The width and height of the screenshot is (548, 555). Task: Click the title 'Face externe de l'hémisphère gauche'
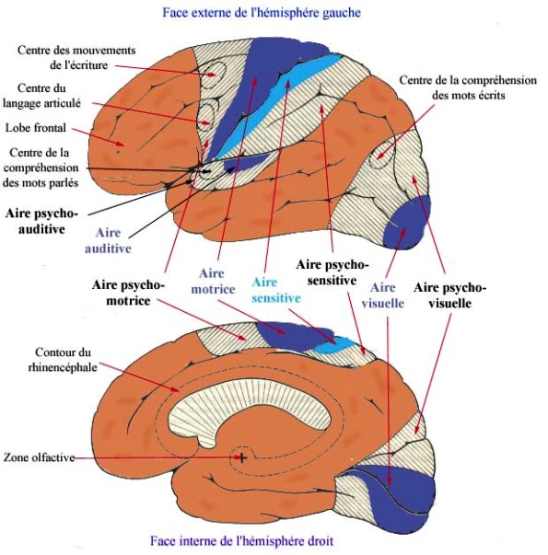pos(262,13)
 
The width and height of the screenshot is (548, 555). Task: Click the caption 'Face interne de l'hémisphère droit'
pos(241,541)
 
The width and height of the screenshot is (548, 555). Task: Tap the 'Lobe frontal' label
pos(36,128)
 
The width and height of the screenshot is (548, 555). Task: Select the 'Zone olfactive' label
pos(39,457)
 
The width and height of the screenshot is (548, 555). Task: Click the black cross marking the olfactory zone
pos(242,457)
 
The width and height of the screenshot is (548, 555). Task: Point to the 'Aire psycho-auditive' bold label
pos(41,221)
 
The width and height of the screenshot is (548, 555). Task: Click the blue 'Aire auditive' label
pos(108,241)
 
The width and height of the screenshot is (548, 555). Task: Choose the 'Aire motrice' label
pos(213,282)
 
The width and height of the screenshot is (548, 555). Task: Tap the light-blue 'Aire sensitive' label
pos(276,290)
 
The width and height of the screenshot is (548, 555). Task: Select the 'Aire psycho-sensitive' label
pos(332,272)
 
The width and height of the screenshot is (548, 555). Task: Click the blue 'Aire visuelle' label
pos(382,295)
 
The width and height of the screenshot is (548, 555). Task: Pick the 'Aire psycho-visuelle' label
pos(449,295)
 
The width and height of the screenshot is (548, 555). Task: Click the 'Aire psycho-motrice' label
pos(128,293)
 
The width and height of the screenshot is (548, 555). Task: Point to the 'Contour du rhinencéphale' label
pos(63,360)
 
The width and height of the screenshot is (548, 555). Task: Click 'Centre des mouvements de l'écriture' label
pos(76,57)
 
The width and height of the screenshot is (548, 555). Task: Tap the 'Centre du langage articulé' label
pos(41,95)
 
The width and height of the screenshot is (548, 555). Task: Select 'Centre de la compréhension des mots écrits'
pos(468,87)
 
